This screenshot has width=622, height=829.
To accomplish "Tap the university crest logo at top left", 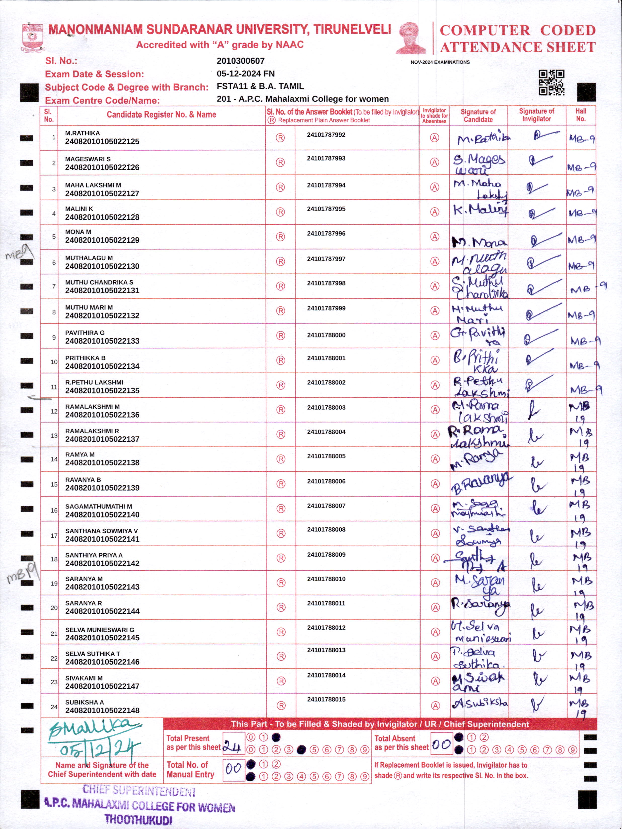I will point(33,37).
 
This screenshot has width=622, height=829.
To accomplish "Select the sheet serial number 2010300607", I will point(241,61).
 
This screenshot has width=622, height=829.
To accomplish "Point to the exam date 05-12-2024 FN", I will point(246,74).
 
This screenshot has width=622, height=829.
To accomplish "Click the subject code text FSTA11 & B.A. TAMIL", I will point(260,87).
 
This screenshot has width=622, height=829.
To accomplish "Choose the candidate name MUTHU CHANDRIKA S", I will point(99,282).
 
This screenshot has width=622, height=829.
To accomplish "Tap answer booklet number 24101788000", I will point(326,335).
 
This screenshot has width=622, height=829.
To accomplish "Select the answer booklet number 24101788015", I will point(326,699).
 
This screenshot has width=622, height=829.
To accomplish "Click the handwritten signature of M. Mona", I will point(479,242).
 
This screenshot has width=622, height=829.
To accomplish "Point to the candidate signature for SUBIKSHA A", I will point(480,703).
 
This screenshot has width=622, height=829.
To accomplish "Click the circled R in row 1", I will point(280,138).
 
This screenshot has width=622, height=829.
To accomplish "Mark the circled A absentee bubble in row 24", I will point(435,706).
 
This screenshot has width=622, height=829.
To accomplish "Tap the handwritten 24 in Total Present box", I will point(231,748).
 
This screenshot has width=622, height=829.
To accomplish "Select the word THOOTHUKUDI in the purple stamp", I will point(138,819).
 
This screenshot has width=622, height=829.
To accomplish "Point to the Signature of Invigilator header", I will point(536,115).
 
